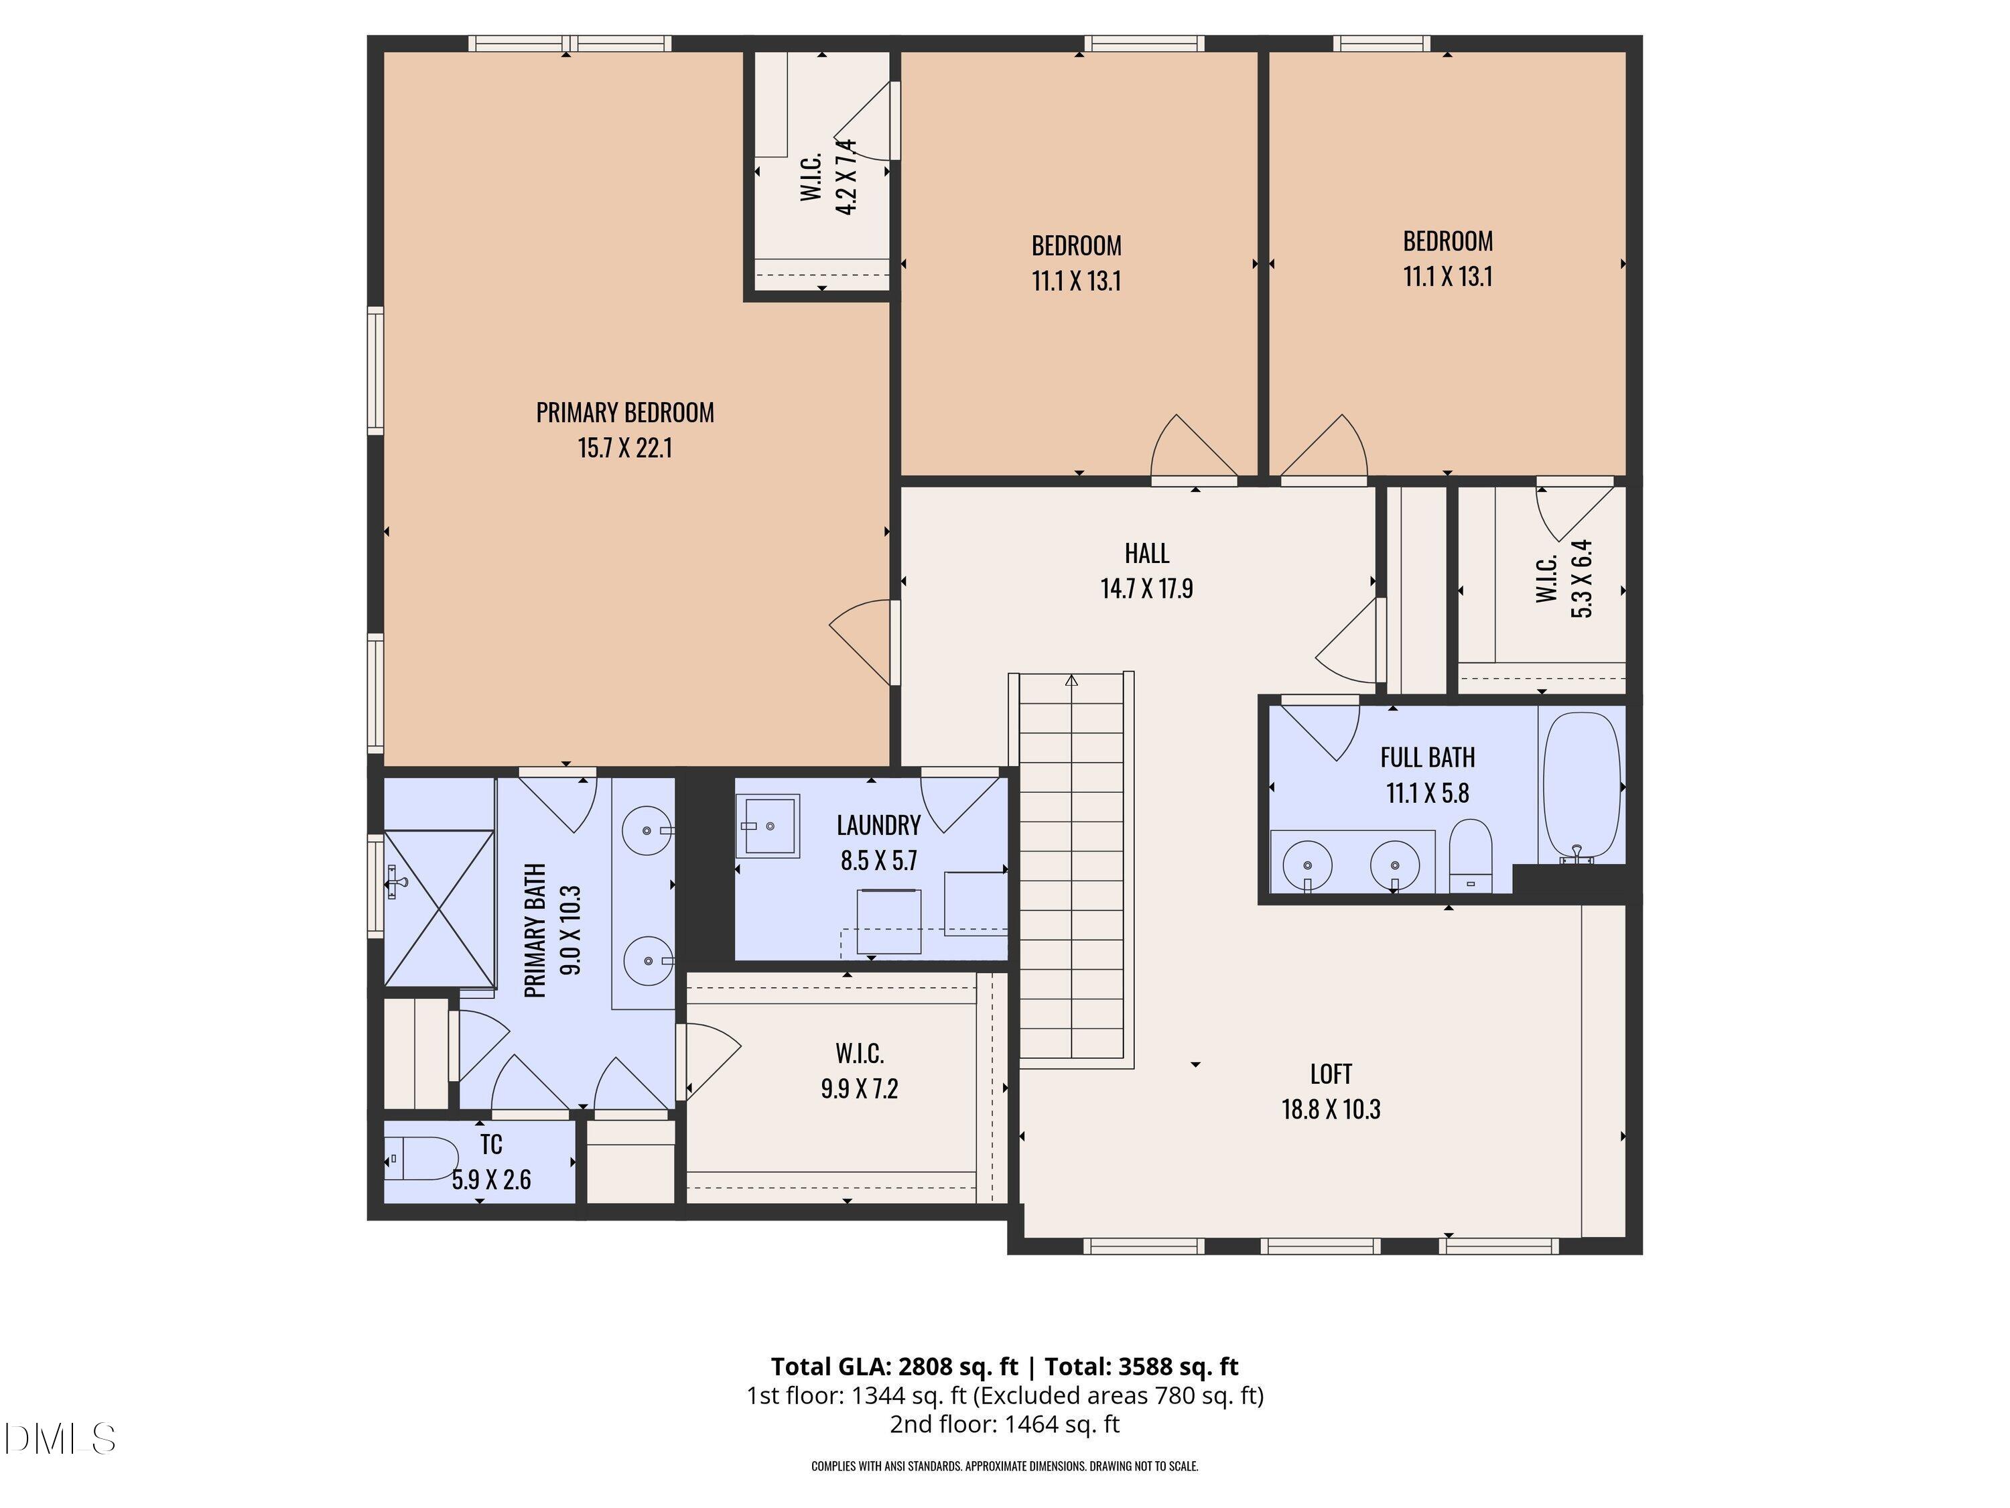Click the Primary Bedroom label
pos(624,413)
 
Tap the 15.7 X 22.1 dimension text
pos(624,448)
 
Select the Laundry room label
pos(878,825)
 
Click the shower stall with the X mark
pos(439,907)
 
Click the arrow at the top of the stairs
pos(1071,680)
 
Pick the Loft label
pos(1331,1074)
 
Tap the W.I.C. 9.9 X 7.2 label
pos(859,1072)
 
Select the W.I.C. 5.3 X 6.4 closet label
pos(1564,579)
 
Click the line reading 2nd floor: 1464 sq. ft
pos(1004,1424)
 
